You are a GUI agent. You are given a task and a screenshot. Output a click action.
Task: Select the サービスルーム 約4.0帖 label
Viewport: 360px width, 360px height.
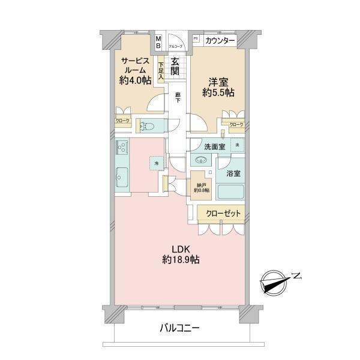(x=135, y=71)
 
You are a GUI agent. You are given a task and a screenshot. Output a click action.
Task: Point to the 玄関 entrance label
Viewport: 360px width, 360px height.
(x=175, y=66)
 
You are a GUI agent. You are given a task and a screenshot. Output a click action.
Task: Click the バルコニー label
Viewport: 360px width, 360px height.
(x=179, y=328)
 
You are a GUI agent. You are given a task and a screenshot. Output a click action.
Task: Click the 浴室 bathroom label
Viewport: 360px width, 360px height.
(x=233, y=173)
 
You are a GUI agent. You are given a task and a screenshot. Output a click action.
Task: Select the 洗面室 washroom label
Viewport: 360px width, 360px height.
(x=214, y=146)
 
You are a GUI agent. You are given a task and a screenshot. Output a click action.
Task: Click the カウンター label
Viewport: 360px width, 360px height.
(x=219, y=41)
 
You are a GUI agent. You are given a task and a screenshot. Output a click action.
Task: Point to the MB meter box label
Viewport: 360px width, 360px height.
(x=158, y=43)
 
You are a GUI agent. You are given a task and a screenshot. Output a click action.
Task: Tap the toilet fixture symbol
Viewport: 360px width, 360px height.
(x=147, y=126)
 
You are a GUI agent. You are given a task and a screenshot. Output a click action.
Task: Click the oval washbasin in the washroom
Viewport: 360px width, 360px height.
(x=200, y=160)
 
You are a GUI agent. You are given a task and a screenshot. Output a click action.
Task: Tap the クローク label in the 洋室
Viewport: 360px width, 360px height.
(x=236, y=124)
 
